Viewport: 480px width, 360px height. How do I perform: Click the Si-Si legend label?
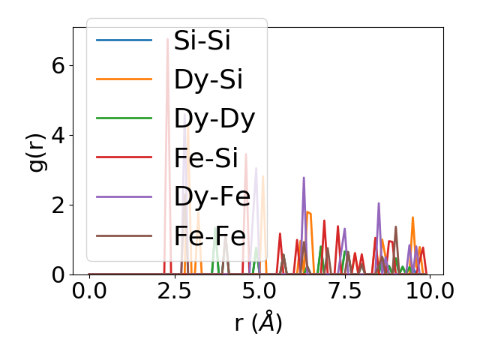(x=202, y=40)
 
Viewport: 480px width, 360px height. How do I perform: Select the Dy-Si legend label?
(x=208, y=79)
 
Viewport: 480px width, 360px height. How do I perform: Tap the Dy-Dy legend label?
(x=214, y=118)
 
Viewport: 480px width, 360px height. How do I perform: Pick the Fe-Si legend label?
(x=208, y=157)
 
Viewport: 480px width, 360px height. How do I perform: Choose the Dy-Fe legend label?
(x=209, y=196)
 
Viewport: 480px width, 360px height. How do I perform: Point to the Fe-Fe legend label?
(x=209, y=235)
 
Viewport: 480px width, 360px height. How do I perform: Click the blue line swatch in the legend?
(x=124, y=40)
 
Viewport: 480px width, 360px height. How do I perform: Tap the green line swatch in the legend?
(x=124, y=118)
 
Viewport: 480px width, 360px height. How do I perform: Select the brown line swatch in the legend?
(x=124, y=235)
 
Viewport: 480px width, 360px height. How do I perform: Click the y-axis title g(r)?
(x=37, y=151)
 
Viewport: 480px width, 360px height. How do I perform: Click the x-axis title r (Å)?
(x=258, y=322)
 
